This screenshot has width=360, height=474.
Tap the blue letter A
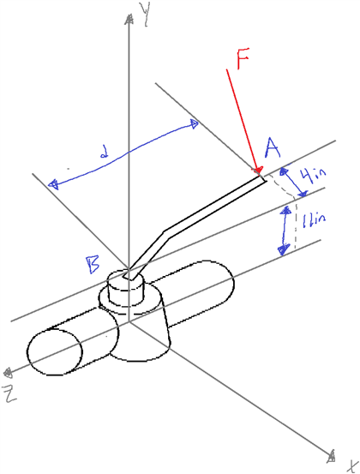point(273,150)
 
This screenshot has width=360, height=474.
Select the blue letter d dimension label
point(103,155)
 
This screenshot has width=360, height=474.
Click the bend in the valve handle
point(168,231)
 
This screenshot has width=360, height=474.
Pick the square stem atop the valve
point(129,275)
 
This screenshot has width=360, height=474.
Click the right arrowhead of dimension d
point(196,124)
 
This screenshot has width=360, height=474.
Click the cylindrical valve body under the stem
point(141,330)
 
